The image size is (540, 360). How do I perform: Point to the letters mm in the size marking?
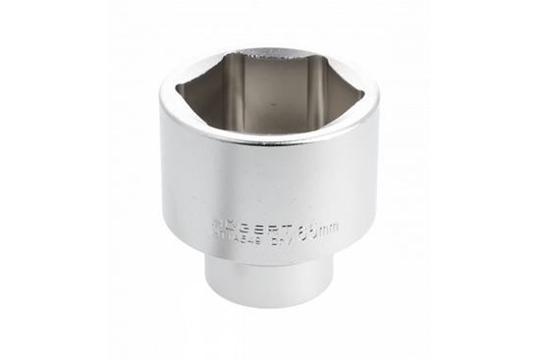click(x=330, y=227)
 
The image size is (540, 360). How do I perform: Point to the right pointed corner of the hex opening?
click(x=363, y=95)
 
